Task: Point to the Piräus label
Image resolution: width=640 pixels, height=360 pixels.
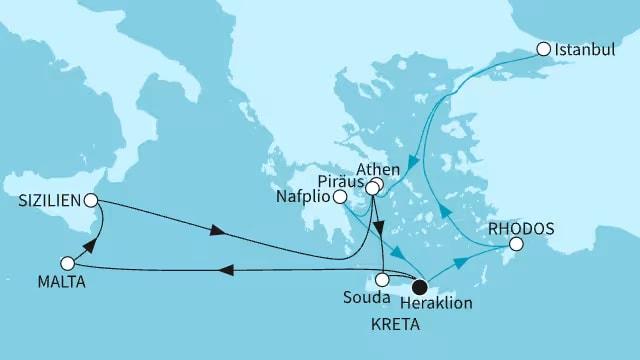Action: (x=338, y=183)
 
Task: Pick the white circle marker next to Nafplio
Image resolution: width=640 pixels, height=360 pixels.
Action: (x=340, y=198)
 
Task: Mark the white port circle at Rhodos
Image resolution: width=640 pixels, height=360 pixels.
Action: (x=516, y=243)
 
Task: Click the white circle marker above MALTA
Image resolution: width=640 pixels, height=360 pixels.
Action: (x=67, y=263)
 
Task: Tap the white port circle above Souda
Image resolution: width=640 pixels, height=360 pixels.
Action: (x=383, y=281)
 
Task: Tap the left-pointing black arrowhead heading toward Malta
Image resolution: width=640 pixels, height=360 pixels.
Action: (x=227, y=269)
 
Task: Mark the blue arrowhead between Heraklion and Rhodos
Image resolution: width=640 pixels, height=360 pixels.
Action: (x=462, y=263)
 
